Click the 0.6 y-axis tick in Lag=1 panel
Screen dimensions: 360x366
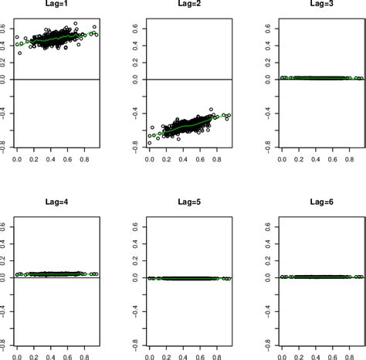pyautogui.click(x=5, y=29)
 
